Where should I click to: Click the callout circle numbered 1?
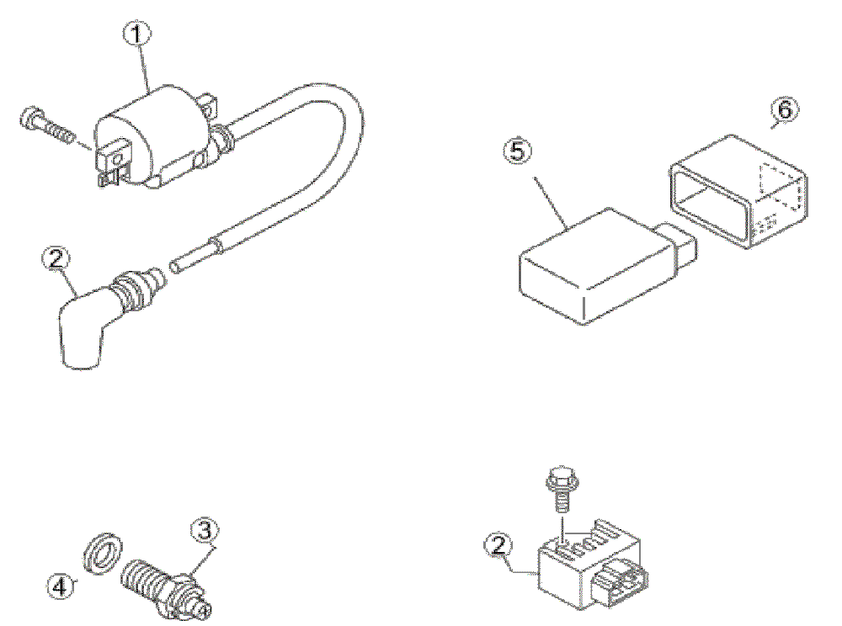(x=138, y=35)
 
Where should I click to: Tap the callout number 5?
(x=517, y=151)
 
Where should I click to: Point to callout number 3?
(x=205, y=530)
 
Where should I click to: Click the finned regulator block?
(x=581, y=560)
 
